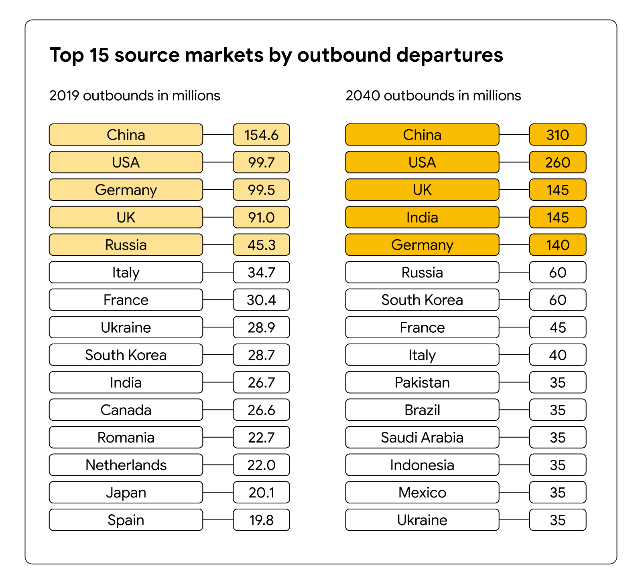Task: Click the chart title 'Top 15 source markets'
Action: (x=276, y=55)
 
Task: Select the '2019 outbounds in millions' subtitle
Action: (x=134, y=96)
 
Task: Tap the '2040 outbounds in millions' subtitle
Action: (x=433, y=96)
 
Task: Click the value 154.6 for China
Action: (x=261, y=135)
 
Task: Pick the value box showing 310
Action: (x=557, y=135)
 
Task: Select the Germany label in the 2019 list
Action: (x=126, y=190)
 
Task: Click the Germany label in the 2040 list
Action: (x=422, y=245)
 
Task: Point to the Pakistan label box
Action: (x=422, y=382)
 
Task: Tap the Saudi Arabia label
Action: (x=422, y=437)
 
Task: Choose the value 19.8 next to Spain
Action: (x=261, y=520)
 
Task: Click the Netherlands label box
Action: (x=126, y=465)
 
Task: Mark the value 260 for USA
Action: (x=557, y=162)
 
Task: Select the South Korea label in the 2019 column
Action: (x=126, y=355)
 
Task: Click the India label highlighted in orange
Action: (x=422, y=217)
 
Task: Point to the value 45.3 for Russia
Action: (x=261, y=245)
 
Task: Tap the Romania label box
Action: (x=126, y=437)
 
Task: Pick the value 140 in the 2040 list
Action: (x=557, y=245)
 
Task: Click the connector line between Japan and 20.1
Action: (x=218, y=492)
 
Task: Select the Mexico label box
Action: (x=422, y=492)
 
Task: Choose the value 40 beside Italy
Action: (x=557, y=355)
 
